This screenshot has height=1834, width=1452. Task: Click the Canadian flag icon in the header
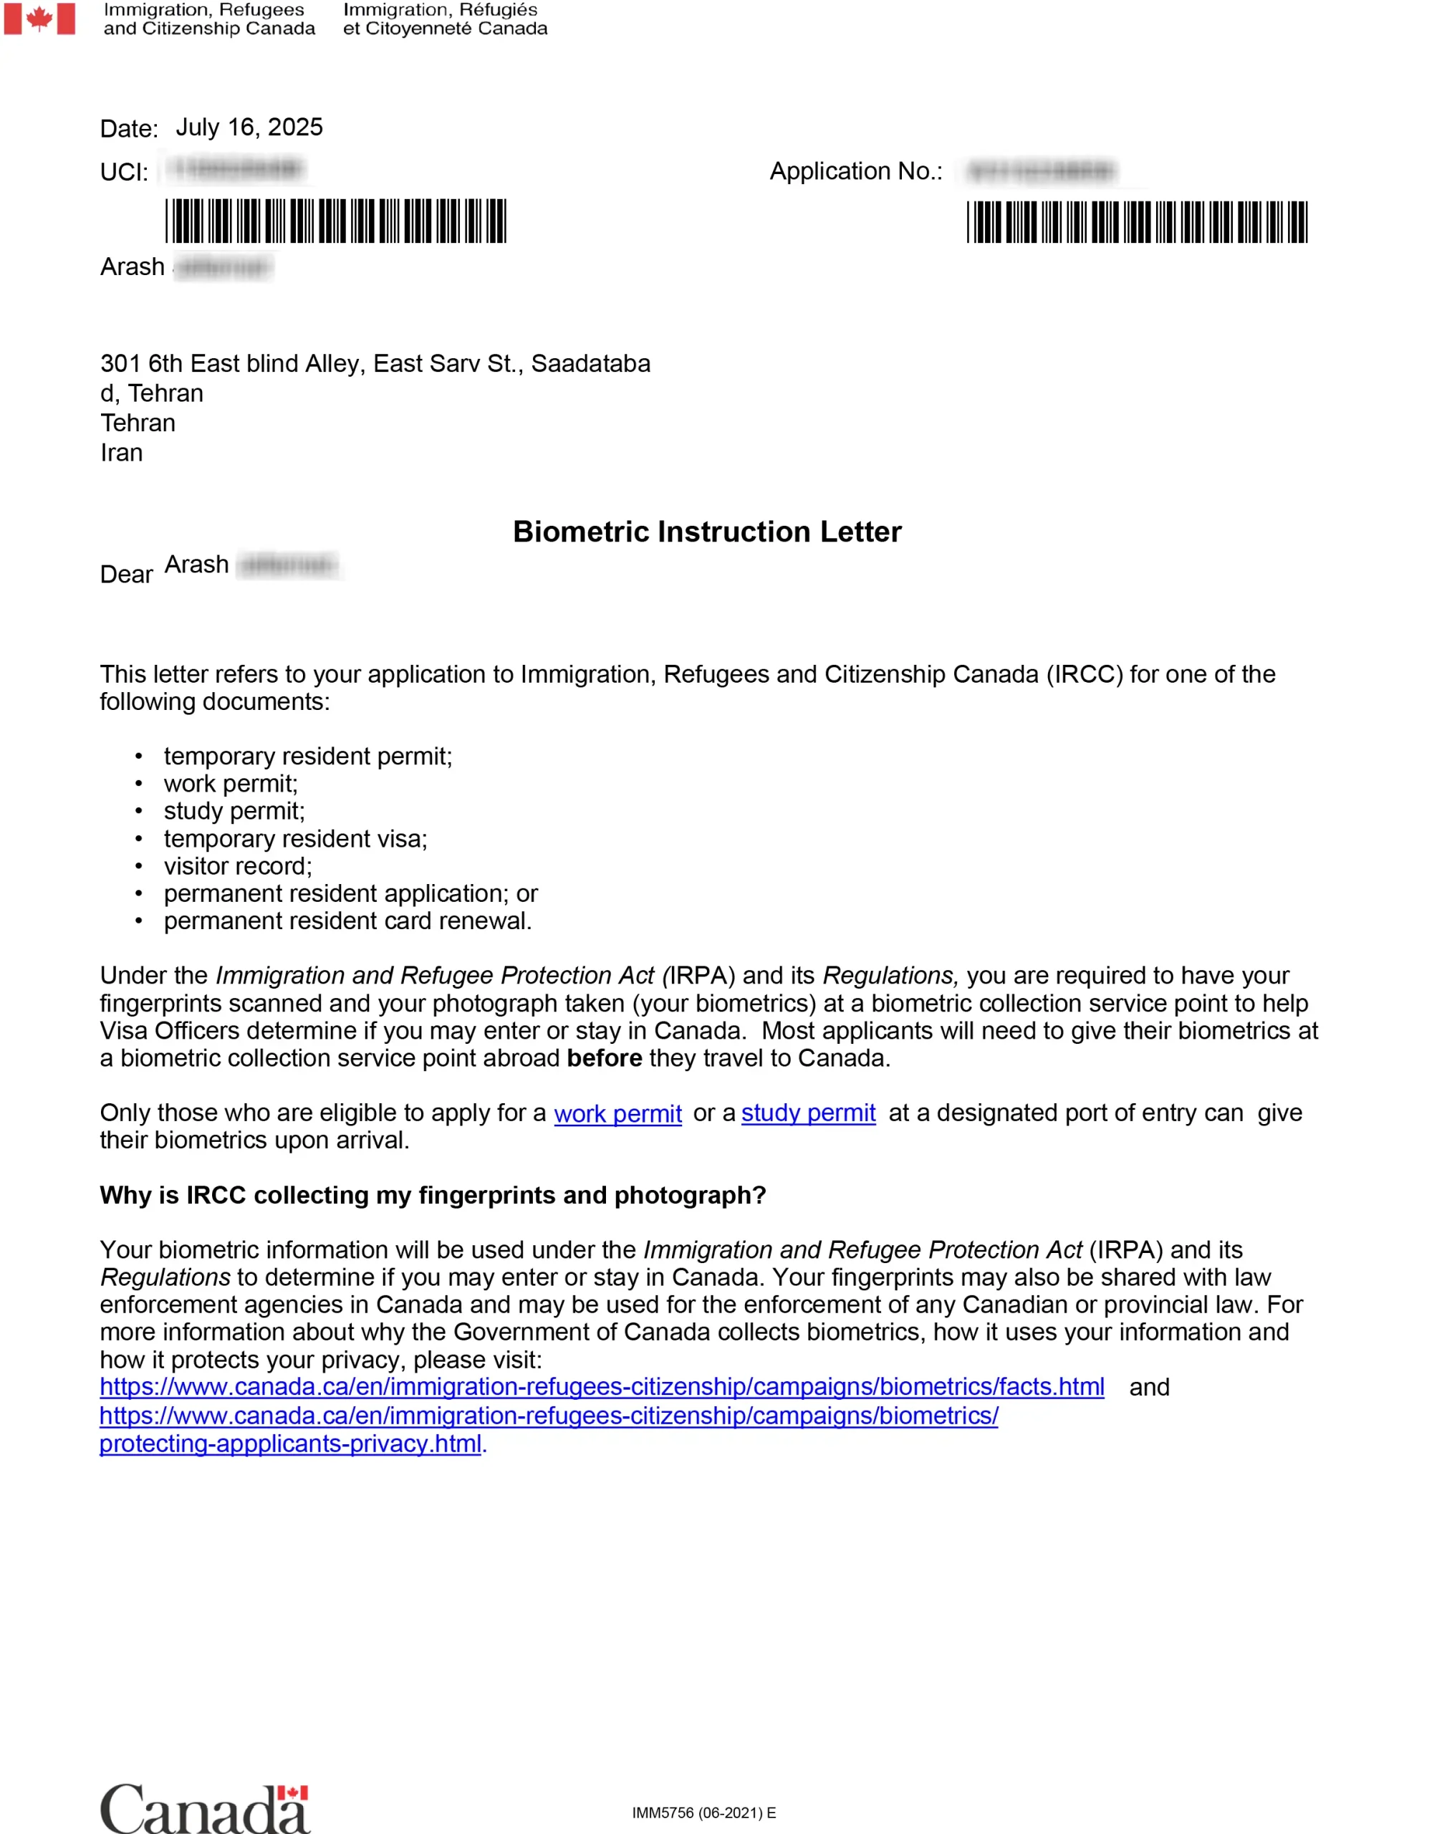[39, 19]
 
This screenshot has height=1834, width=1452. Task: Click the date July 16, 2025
[249, 128]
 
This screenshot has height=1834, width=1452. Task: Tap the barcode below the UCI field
[336, 221]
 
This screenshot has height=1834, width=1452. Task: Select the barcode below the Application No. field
[1137, 222]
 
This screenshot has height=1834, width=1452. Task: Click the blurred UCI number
[236, 170]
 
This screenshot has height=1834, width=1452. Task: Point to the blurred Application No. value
[1042, 172]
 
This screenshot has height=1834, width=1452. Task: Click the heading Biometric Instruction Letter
[706, 532]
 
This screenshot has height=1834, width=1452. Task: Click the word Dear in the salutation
[126, 575]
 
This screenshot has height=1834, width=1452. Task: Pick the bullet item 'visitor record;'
[238, 866]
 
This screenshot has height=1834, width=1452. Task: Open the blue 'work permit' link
[618, 1114]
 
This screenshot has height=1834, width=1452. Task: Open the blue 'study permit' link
[809, 1113]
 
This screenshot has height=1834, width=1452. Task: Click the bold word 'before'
[605, 1059]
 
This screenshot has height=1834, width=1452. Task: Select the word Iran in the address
[122, 453]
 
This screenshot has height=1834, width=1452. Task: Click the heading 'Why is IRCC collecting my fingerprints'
[433, 1196]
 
